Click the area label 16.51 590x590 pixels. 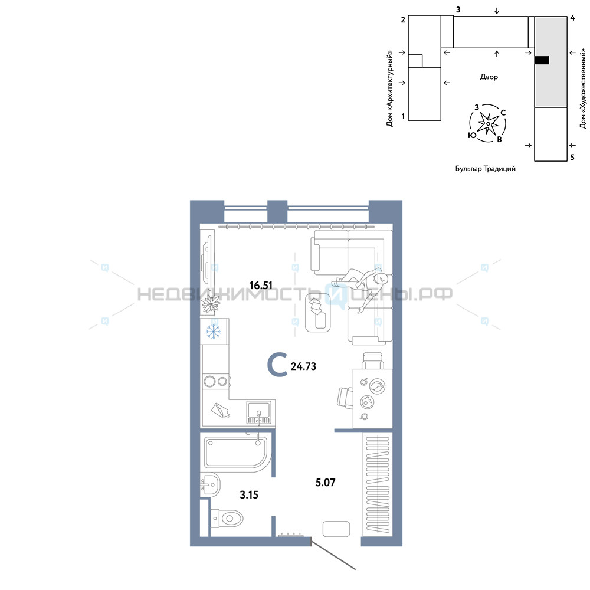261,285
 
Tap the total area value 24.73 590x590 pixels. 303,366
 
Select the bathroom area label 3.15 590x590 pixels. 249,495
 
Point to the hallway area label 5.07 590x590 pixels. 325,483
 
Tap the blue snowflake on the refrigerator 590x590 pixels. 214,332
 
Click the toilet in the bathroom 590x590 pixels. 227,518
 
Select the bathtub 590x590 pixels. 237,452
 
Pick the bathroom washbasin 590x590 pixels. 211,484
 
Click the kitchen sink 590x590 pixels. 258,412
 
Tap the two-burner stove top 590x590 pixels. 216,382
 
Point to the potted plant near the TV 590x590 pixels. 211,304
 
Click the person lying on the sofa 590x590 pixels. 360,286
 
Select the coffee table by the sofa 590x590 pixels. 319,312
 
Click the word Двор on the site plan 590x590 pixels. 489,77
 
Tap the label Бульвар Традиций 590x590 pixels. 486,169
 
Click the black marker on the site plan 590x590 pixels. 542,60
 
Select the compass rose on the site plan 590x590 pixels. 488,123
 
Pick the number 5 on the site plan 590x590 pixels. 572,158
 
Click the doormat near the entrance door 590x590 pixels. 336,529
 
